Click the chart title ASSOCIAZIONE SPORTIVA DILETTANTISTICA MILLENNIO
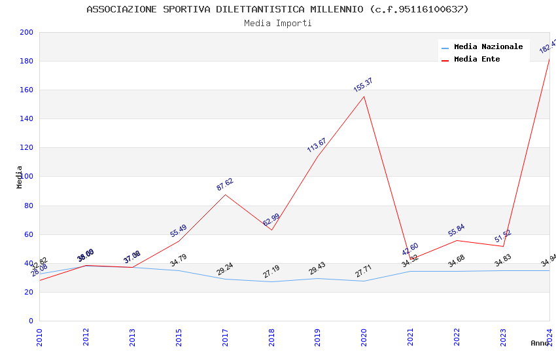click(x=277, y=9)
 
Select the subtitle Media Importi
click(x=277, y=24)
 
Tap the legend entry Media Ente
click(x=477, y=60)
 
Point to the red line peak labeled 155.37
click(x=364, y=97)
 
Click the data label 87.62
click(x=225, y=184)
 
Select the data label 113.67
click(x=317, y=145)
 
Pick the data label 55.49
click(x=179, y=231)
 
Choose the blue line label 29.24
click(x=225, y=269)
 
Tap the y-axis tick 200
click(x=27, y=33)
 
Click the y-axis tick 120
click(x=27, y=148)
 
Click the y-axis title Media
click(x=20, y=177)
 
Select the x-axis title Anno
click(x=540, y=344)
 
